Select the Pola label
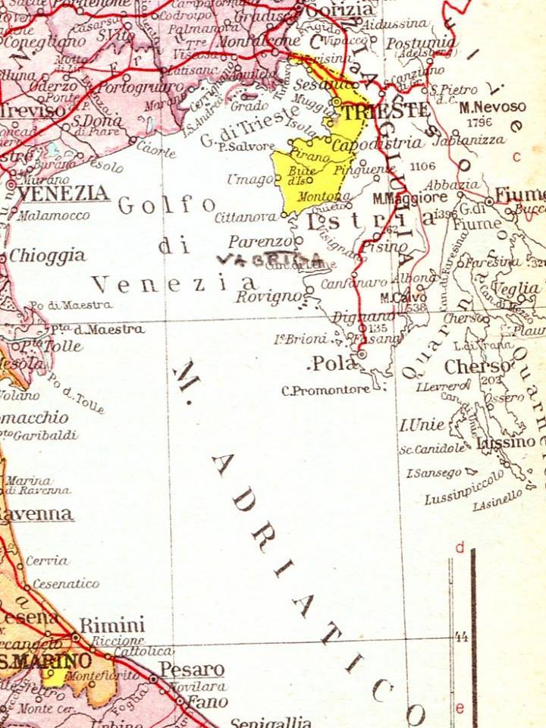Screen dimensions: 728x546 click(x=334, y=364)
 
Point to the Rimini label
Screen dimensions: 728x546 click(x=112, y=626)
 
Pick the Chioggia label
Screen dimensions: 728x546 click(x=47, y=256)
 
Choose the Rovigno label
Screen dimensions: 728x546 click(x=268, y=297)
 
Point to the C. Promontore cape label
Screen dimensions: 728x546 click(x=325, y=391)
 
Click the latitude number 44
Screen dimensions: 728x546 click(x=460, y=638)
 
